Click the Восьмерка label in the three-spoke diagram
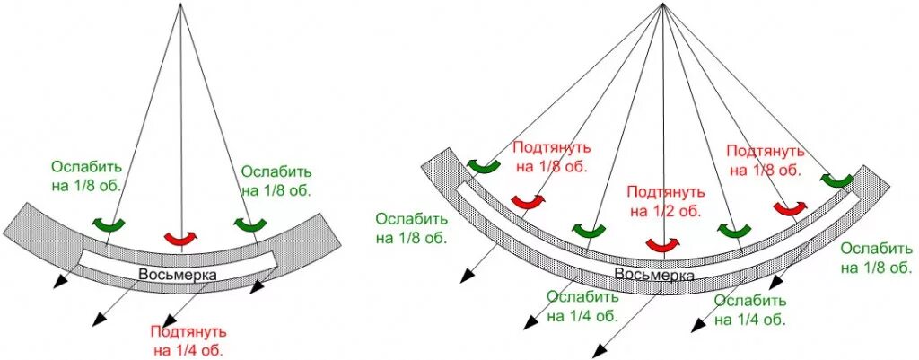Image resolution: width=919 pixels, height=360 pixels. pos(177,275)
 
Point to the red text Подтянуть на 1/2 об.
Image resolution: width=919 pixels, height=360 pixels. pos(662,202)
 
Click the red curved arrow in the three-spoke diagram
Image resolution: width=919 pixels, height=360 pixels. pos(181,238)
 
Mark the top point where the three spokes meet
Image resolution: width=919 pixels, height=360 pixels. pos(181,4)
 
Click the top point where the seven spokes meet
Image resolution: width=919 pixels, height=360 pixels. pos(662,4)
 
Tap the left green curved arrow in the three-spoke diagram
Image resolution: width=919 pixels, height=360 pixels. pos(111,223)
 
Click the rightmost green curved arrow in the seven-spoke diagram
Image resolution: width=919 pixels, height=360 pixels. pos(836,180)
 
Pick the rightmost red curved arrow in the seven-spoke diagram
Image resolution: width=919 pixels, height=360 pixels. pos(789,208)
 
